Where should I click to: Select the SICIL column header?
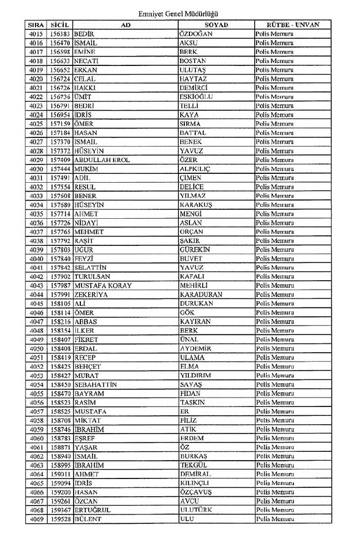click(x=59, y=25)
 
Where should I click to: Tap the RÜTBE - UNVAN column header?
click(x=293, y=25)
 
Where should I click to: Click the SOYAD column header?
click(x=216, y=25)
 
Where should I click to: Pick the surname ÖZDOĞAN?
click(x=196, y=34)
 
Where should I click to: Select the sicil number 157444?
click(x=60, y=169)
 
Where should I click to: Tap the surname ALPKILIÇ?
click(x=196, y=169)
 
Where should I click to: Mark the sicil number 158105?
click(x=60, y=303)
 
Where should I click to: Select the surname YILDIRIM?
click(x=196, y=375)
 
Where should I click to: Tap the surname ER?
click(x=185, y=411)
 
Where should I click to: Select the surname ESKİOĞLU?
click(x=196, y=97)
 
